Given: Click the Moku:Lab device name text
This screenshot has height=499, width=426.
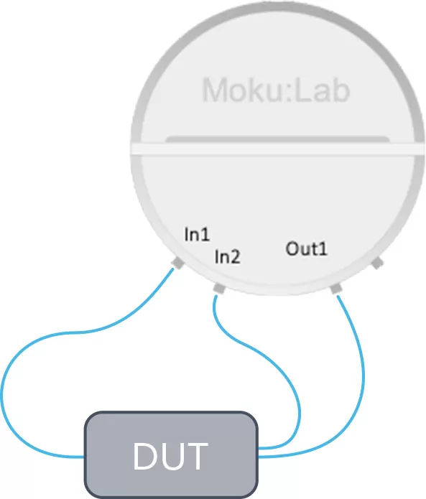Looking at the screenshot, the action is click(276, 90).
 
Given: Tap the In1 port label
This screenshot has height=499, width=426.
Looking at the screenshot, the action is click(197, 234).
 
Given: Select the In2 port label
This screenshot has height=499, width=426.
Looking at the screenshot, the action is click(227, 256).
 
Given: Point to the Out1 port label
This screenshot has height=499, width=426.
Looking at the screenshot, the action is click(306, 248).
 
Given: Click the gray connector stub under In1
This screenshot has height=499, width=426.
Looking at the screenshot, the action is click(177, 263).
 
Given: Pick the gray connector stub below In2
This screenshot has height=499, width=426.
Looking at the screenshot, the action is click(219, 289).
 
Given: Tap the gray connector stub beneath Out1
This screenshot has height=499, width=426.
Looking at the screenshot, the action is click(336, 289).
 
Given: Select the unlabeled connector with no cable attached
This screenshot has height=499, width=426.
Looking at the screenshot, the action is click(378, 264).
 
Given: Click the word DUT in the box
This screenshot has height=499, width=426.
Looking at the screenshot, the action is click(170, 456).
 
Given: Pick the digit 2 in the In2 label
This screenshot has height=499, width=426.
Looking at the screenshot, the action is click(235, 256).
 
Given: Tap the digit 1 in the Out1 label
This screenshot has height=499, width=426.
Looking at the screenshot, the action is click(323, 249).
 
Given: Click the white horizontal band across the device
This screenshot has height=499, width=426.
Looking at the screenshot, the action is click(277, 149).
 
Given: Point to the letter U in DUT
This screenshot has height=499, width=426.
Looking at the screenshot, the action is click(171, 457).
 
